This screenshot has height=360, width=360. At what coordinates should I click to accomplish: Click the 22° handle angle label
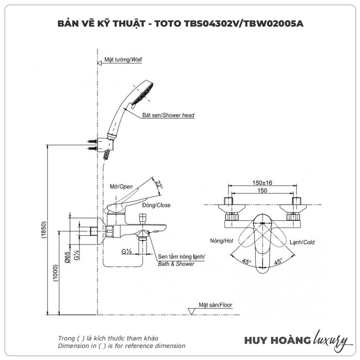tap(158, 185)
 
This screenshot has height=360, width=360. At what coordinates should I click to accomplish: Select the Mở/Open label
tap(121, 186)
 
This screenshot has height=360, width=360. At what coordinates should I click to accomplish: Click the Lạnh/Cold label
tap(302, 242)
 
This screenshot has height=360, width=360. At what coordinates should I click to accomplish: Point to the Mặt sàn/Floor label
tap(215, 305)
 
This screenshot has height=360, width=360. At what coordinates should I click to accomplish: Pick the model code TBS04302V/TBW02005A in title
tap(244, 24)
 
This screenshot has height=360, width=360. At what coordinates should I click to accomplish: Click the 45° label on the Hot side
tap(246, 262)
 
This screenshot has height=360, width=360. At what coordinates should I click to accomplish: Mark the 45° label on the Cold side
tap(278, 262)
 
